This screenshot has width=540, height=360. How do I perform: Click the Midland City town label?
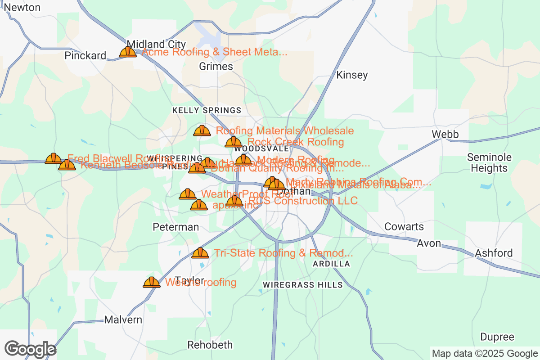click(156, 44)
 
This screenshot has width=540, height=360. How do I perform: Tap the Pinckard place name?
click(85, 55)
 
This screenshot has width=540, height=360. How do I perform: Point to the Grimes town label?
click(216, 67)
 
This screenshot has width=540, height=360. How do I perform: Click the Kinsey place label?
click(352, 75)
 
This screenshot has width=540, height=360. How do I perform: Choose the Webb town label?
click(445, 134)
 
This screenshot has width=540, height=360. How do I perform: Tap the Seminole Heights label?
click(489, 163)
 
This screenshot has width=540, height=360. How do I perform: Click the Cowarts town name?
click(404, 226)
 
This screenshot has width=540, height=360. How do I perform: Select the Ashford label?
click(494, 253)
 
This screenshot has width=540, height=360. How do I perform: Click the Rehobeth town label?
click(210, 345)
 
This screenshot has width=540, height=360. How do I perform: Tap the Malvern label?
click(123, 320)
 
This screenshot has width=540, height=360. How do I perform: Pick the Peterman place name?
click(175, 227)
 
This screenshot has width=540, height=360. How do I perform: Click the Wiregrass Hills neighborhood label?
click(302, 285)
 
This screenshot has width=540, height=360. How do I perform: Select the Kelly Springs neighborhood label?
click(207, 110)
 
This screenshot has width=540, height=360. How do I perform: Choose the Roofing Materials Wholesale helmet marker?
click(202, 130)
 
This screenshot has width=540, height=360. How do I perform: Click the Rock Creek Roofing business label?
click(296, 142)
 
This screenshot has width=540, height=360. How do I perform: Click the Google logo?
click(30, 349)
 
